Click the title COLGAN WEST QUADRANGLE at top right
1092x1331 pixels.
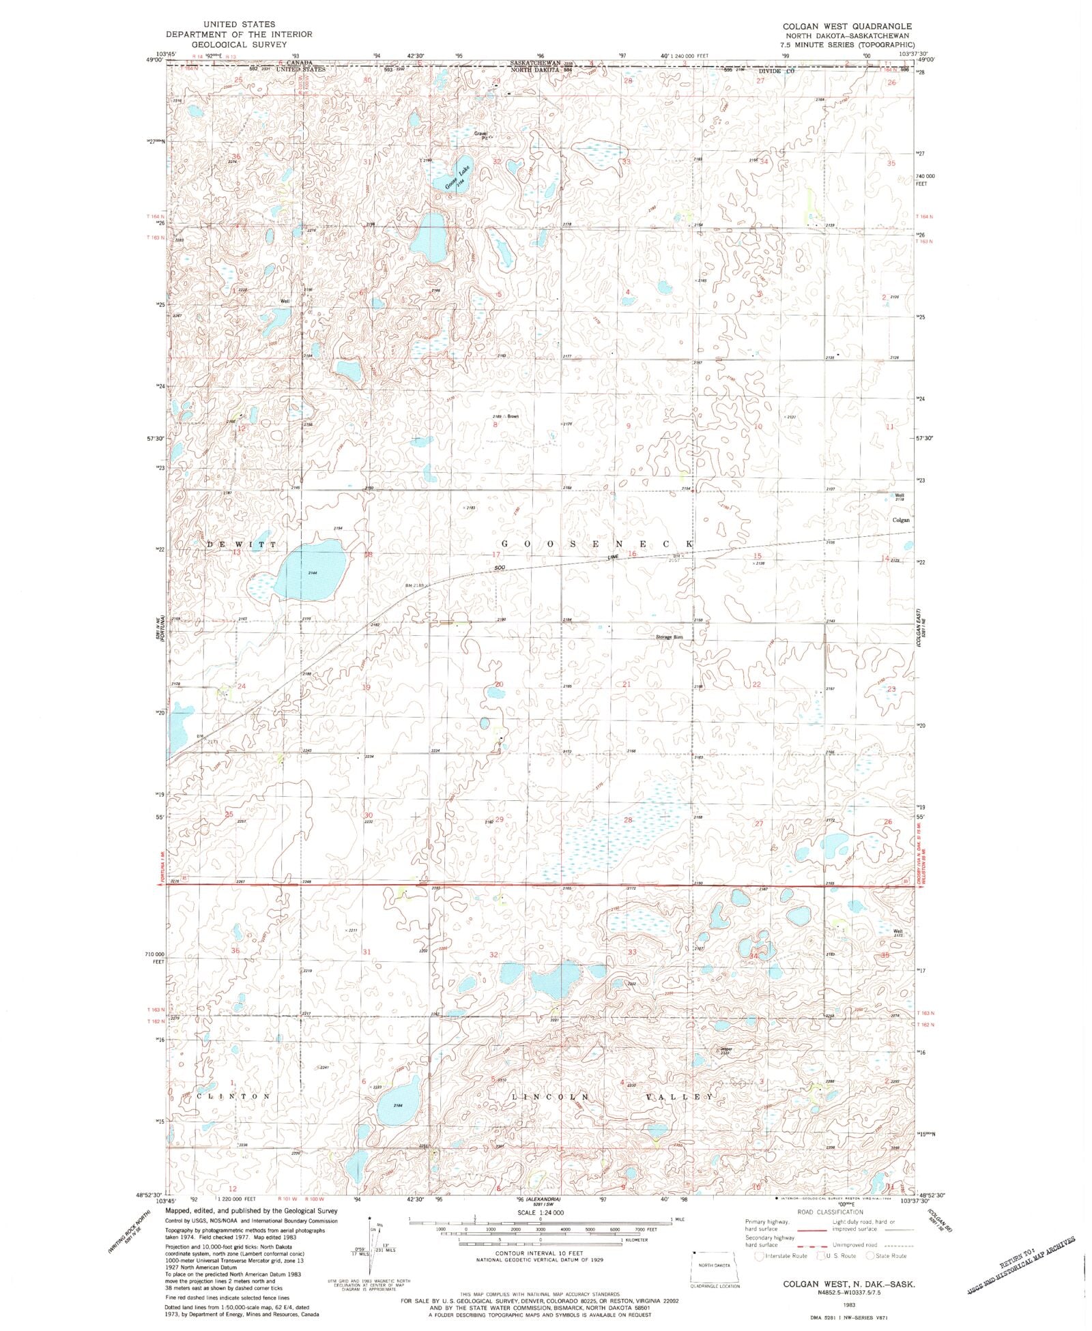click(846, 25)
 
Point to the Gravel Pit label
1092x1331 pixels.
click(482, 135)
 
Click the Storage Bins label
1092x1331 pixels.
click(669, 637)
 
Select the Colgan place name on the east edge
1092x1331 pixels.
click(901, 520)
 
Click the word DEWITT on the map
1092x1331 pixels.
click(242, 544)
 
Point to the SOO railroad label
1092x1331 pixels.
click(500, 568)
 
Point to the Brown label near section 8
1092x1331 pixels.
click(513, 416)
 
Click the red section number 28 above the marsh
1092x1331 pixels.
click(628, 819)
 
